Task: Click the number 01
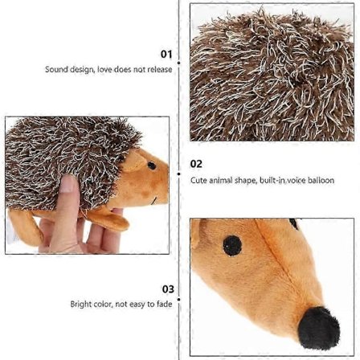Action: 166,55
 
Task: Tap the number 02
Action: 196,164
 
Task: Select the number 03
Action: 168,289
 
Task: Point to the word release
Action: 160,70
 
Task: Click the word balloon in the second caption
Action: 321,180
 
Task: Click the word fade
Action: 164,304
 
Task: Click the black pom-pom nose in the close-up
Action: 319,328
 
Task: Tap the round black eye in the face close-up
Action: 232,246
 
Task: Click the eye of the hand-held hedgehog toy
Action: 152,166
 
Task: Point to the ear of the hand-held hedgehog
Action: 133,162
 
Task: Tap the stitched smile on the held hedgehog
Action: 153,201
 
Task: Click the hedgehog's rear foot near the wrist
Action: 25,226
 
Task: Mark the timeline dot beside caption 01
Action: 179,63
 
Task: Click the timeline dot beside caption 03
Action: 179,299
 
